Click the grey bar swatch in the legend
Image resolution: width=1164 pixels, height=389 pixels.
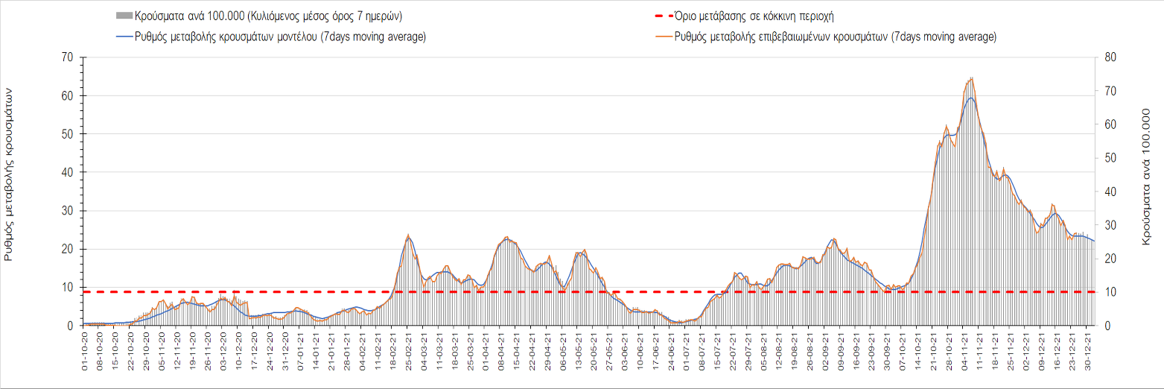coord(124,16)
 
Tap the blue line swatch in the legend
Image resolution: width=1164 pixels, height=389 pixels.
coord(124,37)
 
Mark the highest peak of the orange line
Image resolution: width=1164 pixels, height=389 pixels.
coord(972,78)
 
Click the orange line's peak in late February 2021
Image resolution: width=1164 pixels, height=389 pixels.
coord(408,235)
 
